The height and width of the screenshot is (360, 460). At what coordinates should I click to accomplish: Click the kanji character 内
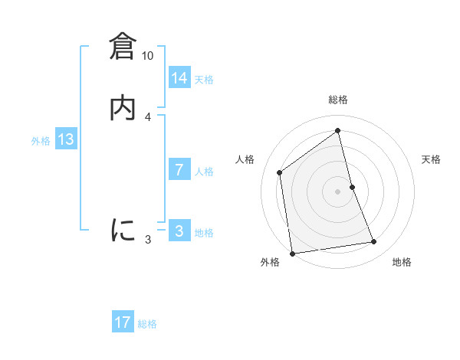tap(123, 107)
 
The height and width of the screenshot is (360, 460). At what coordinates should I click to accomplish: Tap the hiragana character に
tap(123, 230)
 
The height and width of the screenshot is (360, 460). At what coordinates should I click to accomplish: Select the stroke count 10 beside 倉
tap(148, 56)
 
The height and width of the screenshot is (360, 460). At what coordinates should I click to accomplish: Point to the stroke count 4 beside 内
tap(148, 116)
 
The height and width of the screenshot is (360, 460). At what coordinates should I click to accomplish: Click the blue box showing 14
tap(179, 78)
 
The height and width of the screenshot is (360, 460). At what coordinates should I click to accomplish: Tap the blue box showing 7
tap(179, 170)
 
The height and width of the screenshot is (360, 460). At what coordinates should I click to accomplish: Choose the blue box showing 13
tap(66, 139)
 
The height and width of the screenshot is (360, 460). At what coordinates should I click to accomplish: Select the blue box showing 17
tap(123, 322)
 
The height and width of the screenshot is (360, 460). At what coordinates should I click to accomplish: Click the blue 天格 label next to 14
tap(204, 80)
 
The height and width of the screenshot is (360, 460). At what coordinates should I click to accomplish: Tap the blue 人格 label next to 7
tap(204, 172)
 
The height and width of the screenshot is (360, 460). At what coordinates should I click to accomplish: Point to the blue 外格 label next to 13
tap(41, 141)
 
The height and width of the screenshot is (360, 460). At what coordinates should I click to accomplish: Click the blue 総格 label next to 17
tap(147, 324)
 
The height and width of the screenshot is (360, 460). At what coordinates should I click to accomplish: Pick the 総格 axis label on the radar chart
tap(338, 100)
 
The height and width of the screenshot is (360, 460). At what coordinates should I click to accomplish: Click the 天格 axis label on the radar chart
tap(432, 159)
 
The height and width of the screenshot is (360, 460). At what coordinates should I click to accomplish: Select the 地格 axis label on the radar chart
tap(402, 263)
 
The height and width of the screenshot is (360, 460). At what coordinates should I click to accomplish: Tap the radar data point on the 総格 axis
tap(338, 130)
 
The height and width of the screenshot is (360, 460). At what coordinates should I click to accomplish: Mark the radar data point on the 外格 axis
tap(292, 254)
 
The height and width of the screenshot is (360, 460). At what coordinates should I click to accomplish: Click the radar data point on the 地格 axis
tap(374, 242)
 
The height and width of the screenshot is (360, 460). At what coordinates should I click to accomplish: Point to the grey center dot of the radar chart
tap(338, 191)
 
